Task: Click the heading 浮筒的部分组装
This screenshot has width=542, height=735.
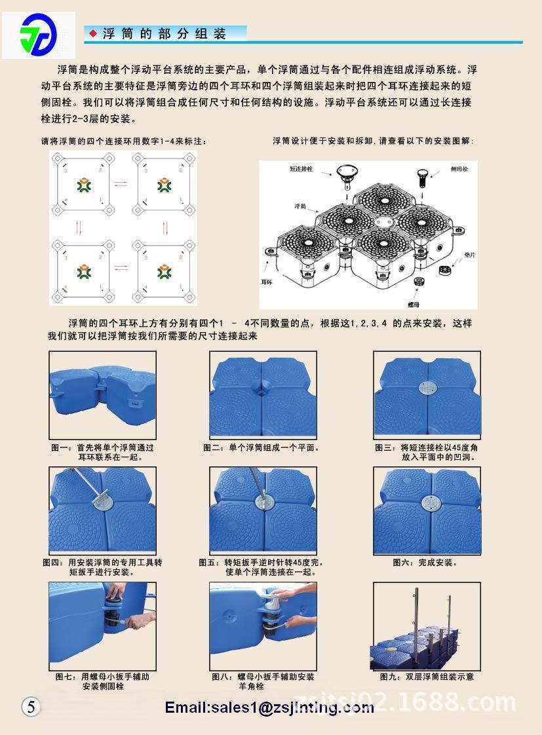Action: point(165,34)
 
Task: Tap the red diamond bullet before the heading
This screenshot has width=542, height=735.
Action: point(93,33)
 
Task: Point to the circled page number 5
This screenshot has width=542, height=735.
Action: point(31,706)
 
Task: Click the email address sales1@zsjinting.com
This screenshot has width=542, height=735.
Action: point(269,707)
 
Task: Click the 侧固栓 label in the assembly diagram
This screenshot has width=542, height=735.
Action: point(459,168)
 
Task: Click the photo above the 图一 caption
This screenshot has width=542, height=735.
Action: point(103,394)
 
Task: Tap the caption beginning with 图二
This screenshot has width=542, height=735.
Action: point(261,448)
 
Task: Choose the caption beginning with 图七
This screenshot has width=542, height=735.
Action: point(102,681)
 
